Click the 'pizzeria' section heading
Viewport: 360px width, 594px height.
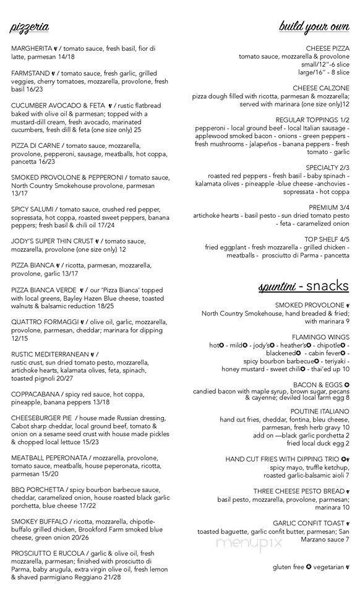click(29, 27)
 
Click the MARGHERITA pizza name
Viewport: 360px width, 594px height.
click(33, 48)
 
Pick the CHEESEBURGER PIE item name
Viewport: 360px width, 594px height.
click(41, 418)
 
